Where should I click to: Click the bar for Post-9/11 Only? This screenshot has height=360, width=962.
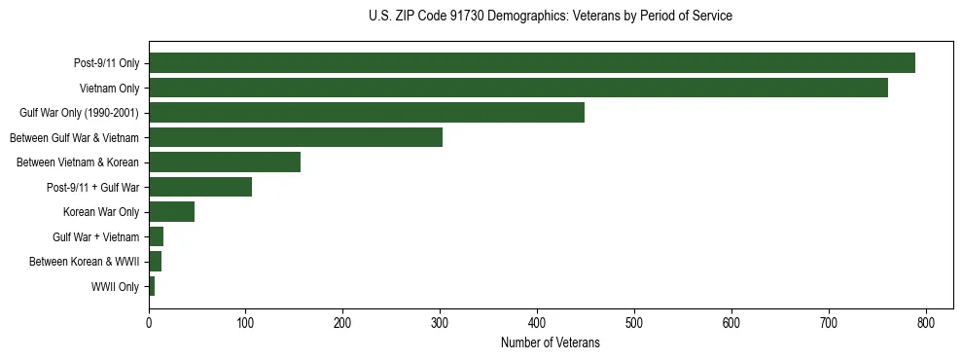pos(531,63)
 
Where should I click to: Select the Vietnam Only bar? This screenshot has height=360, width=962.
pos(517,88)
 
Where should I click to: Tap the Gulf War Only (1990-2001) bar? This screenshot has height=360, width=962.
pos(366,113)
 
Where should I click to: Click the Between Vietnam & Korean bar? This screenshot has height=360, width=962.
pos(224,162)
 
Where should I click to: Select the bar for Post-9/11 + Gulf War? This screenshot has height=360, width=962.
pos(199,187)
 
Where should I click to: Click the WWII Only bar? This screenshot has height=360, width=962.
pos(152,287)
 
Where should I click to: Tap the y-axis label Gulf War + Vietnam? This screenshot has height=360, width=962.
pos(95,237)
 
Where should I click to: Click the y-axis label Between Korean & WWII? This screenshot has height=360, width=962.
pos(84,262)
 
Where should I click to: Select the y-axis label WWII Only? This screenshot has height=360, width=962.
pos(115,287)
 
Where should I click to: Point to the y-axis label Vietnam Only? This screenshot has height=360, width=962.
pos(109,89)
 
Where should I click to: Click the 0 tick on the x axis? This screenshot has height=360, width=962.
pos(149,322)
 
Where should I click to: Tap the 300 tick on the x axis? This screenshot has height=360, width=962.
pos(440,322)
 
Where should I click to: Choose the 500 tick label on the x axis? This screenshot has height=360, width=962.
pos(634,322)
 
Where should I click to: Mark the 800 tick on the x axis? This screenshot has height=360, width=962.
pos(926,322)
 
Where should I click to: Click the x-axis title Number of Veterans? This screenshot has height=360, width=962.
pos(550,342)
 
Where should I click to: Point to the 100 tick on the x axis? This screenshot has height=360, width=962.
pos(245,322)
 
